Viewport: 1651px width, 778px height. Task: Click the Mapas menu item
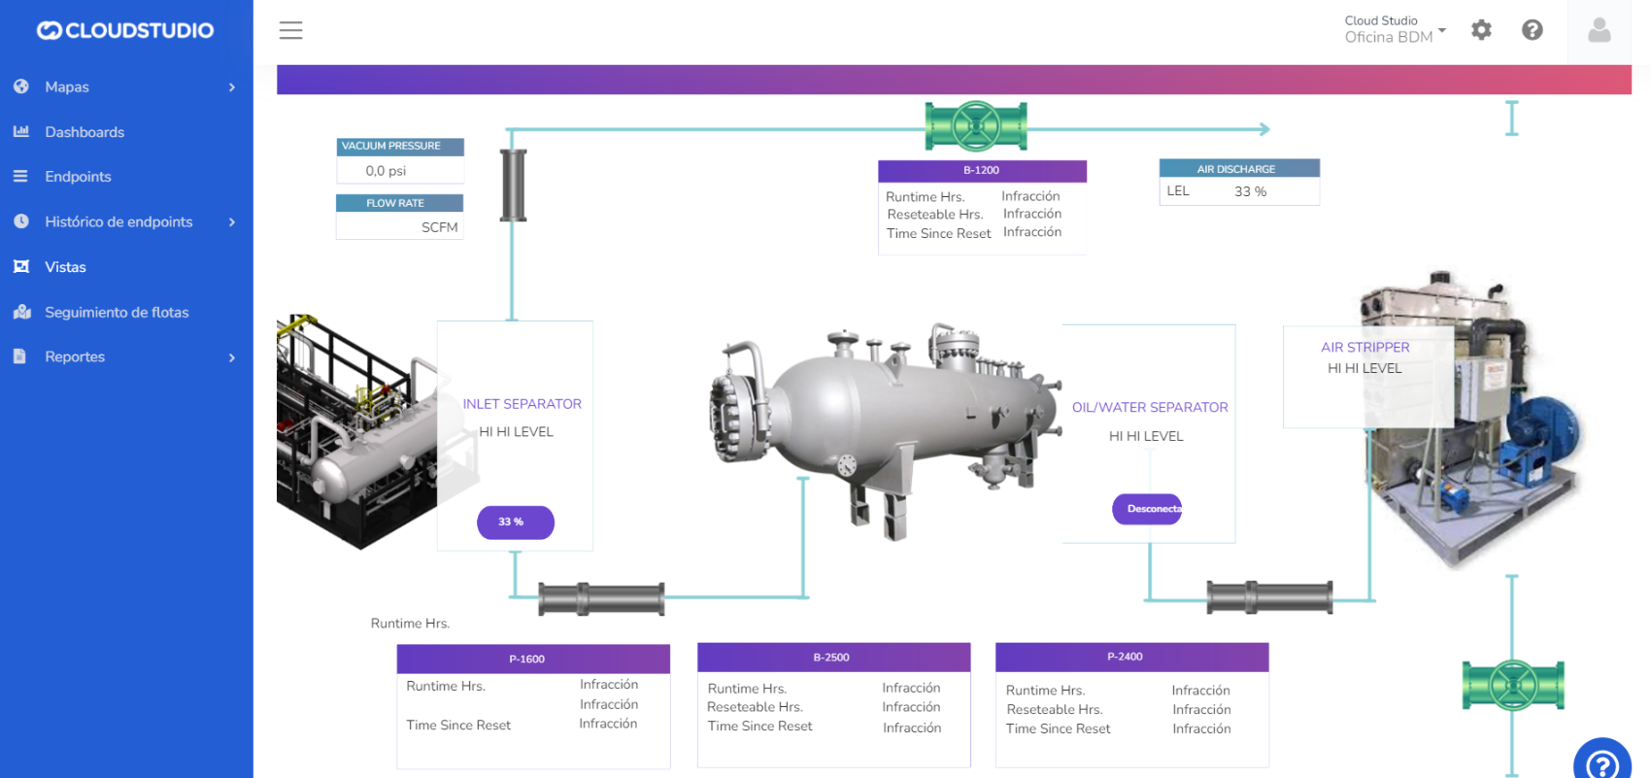(x=66, y=87)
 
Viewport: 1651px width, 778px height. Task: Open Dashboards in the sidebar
(x=84, y=132)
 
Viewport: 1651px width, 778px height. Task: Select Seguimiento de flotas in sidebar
(x=117, y=313)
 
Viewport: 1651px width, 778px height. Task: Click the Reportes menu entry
(x=74, y=357)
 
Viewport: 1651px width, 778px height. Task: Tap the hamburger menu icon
(x=290, y=30)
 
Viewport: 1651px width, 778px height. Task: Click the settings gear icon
(x=1481, y=30)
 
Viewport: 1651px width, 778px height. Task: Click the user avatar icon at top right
(x=1599, y=30)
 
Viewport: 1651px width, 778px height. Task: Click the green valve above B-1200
(x=976, y=126)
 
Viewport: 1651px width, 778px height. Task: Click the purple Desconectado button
(x=1147, y=509)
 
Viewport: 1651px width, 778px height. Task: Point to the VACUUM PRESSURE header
(x=399, y=147)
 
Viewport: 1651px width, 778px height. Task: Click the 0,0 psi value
(x=387, y=171)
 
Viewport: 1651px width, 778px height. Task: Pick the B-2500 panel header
(x=833, y=658)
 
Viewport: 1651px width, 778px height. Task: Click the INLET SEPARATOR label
(x=522, y=404)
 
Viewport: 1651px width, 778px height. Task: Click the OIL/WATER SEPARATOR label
(x=1149, y=408)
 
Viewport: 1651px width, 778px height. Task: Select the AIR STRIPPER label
(x=1365, y=348)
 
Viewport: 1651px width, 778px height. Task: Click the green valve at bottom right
(x=1512, y=685)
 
